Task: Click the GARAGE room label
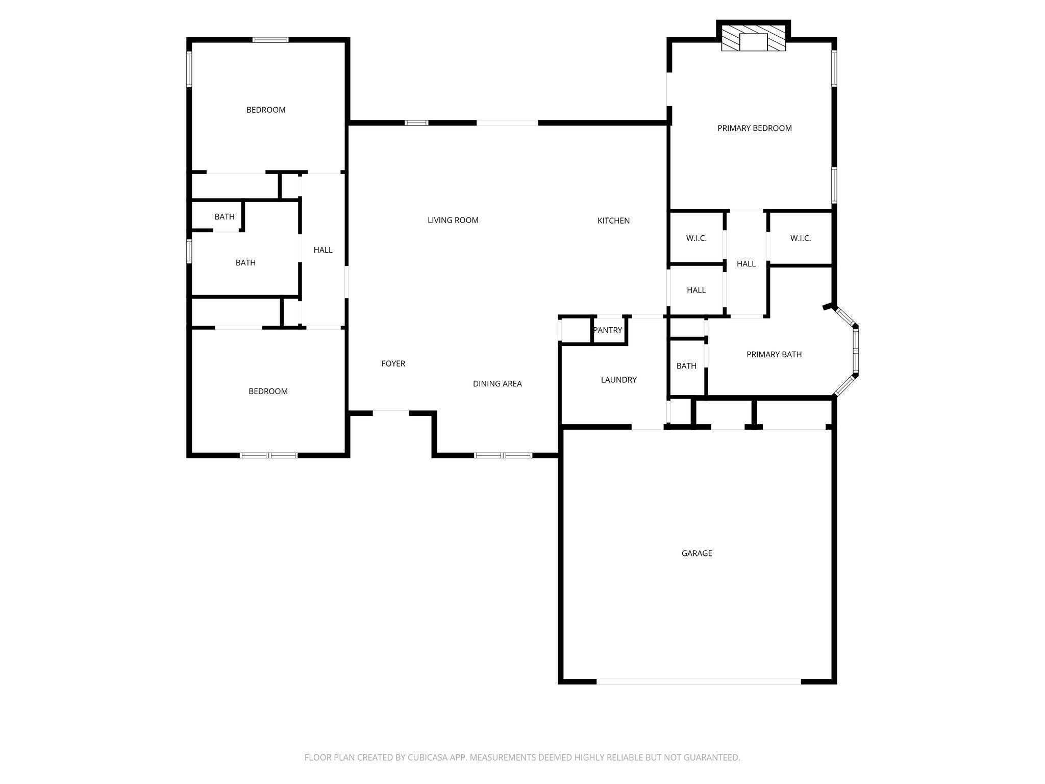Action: point(696,553)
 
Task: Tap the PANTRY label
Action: point(607,330)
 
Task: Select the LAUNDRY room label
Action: point(618,380)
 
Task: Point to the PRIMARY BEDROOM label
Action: point(754,128)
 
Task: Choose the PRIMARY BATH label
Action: point(774,354)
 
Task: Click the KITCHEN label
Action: point(613,220)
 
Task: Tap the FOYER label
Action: point(393,363)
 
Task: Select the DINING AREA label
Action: point(497,384)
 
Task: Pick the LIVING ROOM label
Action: point(453,220)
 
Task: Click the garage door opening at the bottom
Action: point(698,681)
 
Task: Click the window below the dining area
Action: point(503,455)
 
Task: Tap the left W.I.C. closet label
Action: point(696,238)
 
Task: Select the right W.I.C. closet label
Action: point(800,238)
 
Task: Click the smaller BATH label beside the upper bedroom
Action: point(224,217)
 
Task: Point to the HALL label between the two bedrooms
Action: point(322,250)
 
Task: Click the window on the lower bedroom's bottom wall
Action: point(268,455)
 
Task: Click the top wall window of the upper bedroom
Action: point(270,40)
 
